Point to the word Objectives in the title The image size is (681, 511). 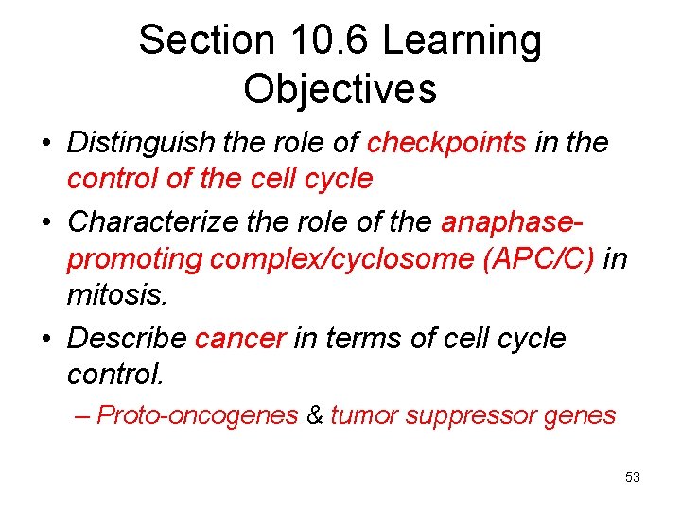(x=340, y=89)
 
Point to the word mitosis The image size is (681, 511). (x=116, y=295)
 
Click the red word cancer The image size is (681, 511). (x=240, y=338)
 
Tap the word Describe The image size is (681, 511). (x=129, y=338)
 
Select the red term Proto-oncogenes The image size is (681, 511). (x=198, y=415)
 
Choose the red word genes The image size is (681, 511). (x=582, y=415)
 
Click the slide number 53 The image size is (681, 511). (x=633, y=478)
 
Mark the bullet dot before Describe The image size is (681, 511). (x=46, y=339)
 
